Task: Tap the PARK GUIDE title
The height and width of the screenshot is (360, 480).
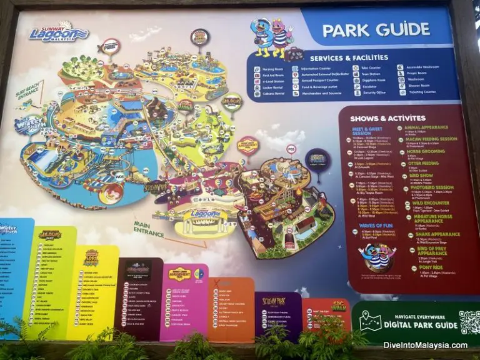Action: point(376,29)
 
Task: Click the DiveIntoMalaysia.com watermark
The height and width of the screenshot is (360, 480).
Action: point(418,345)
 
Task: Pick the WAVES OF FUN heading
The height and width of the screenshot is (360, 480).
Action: point(376,225)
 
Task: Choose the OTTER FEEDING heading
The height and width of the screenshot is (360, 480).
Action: point(425,163)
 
